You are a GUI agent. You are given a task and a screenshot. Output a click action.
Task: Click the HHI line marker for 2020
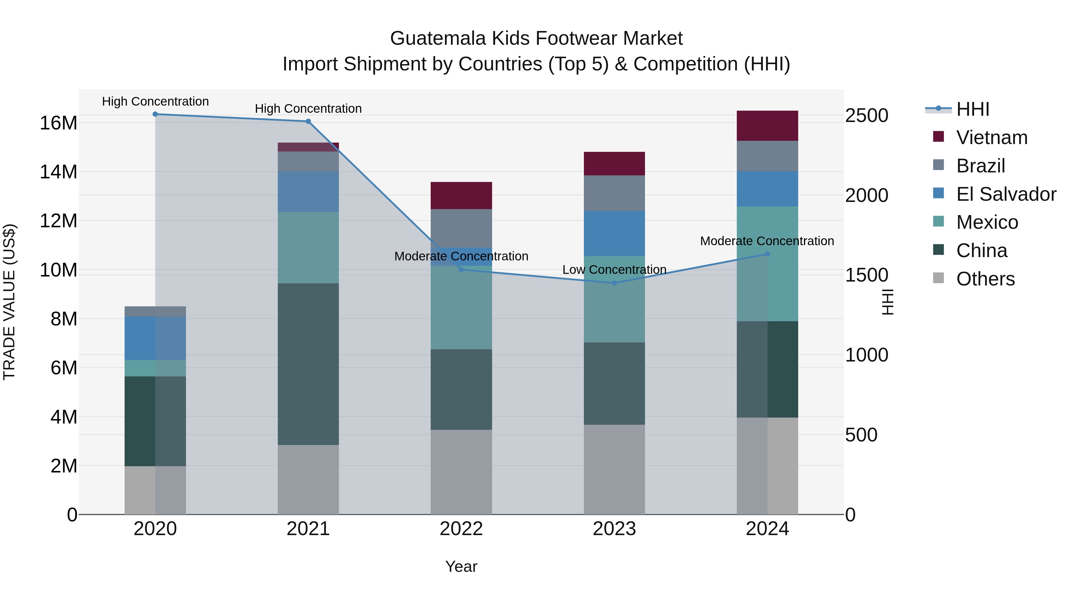point(155,114)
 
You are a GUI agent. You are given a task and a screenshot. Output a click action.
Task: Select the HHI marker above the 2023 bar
point(614,283)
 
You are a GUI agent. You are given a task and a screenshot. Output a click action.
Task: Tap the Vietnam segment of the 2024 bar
point(767,126)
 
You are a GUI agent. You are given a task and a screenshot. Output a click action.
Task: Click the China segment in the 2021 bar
point(308,364)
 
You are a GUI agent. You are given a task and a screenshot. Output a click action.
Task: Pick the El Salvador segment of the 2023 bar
point(614,234)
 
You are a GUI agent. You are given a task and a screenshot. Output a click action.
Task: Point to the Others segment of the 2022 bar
point(461,472)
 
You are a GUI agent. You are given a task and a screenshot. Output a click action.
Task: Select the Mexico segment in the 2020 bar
point(155,368)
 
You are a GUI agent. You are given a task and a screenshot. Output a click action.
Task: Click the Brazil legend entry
point(981,166)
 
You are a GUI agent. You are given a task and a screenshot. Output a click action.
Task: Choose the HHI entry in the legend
point(972,109)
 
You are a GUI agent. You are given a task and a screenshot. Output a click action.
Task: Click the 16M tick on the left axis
point(58,123)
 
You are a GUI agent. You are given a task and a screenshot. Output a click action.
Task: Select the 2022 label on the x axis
point(461,529)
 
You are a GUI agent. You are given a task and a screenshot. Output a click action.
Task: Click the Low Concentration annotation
point(614,270)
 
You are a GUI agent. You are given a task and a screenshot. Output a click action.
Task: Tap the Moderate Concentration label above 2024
point(767,241)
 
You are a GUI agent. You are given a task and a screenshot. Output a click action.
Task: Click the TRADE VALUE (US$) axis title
point(9,302)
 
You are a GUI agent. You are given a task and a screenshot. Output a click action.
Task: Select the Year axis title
point(461,566)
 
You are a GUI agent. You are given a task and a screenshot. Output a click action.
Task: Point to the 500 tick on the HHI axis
point(861,435)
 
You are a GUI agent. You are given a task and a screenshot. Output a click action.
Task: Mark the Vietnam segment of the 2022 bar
point(461,195)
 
